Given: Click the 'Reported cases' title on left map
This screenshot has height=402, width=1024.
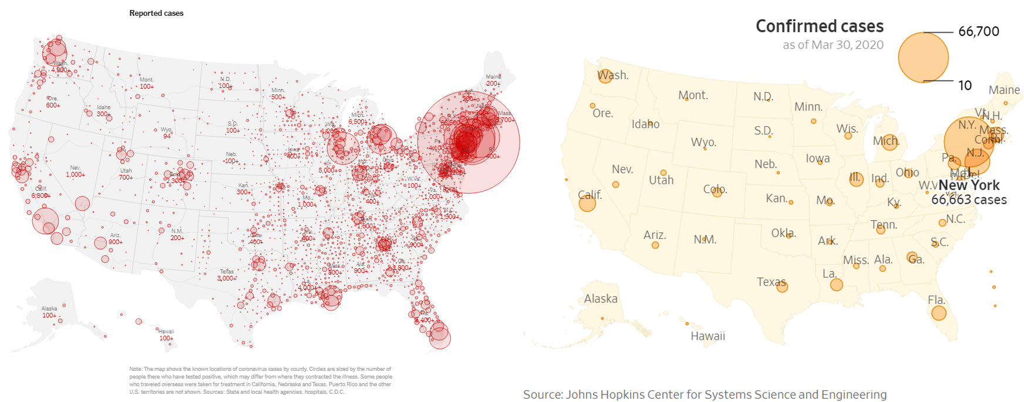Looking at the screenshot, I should point(156,13).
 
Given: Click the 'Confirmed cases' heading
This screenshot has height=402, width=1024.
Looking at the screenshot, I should point(819,26).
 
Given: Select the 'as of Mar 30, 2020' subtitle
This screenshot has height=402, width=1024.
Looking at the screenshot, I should point(833,45).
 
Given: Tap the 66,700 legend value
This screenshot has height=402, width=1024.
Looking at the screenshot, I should point(978,32).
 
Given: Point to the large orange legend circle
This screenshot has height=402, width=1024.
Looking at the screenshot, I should point(923,57).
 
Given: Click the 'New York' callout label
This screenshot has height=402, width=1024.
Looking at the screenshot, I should point(968,185).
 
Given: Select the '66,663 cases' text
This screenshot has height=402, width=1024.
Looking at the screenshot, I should point(969,200).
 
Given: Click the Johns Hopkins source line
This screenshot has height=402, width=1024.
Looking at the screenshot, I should point(705,394).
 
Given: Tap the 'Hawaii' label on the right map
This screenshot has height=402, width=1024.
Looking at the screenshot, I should point(708,336).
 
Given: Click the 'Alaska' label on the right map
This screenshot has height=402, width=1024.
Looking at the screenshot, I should point(600,299).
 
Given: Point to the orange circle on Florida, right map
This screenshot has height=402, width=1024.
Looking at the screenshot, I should point(939,313).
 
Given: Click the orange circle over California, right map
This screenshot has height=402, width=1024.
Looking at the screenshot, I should point(587,203).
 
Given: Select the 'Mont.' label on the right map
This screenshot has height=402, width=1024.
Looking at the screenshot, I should point(693,95).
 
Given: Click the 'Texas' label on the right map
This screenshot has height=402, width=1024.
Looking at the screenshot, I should point(771,282).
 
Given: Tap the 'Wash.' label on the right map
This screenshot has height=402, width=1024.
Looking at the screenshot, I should point(613,75).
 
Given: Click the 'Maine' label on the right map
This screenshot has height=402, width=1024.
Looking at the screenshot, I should point(1004,90).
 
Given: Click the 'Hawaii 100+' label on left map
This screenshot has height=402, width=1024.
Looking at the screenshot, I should point(166,335).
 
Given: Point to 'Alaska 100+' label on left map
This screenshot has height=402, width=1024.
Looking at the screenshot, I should point(49,312).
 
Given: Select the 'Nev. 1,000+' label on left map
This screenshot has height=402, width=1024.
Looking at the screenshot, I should point(75,171).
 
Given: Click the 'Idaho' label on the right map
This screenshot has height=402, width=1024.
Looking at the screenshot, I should point(645,124).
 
